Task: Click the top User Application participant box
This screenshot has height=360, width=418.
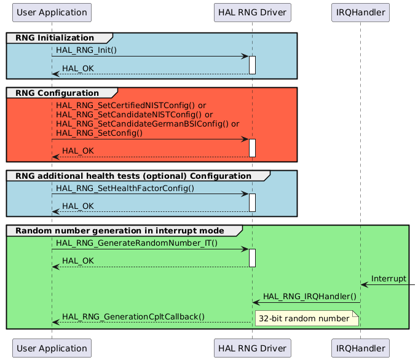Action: point(52,12)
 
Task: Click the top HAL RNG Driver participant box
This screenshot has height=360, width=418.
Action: point(252,12)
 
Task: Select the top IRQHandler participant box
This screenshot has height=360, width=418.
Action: point(360,12)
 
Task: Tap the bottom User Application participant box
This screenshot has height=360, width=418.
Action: point(52,347)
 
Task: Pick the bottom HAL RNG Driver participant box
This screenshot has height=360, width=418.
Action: point(252,347)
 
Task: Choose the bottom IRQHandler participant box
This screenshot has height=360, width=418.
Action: point(360,347)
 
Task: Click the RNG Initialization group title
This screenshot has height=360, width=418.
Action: point(55,37)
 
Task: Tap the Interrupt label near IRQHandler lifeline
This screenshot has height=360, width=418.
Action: point(388,278)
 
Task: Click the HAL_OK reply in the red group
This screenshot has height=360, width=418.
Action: point(78,151)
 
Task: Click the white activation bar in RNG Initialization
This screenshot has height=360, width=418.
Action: point(252,65)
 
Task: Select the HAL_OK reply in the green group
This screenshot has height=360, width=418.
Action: point(78,261)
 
